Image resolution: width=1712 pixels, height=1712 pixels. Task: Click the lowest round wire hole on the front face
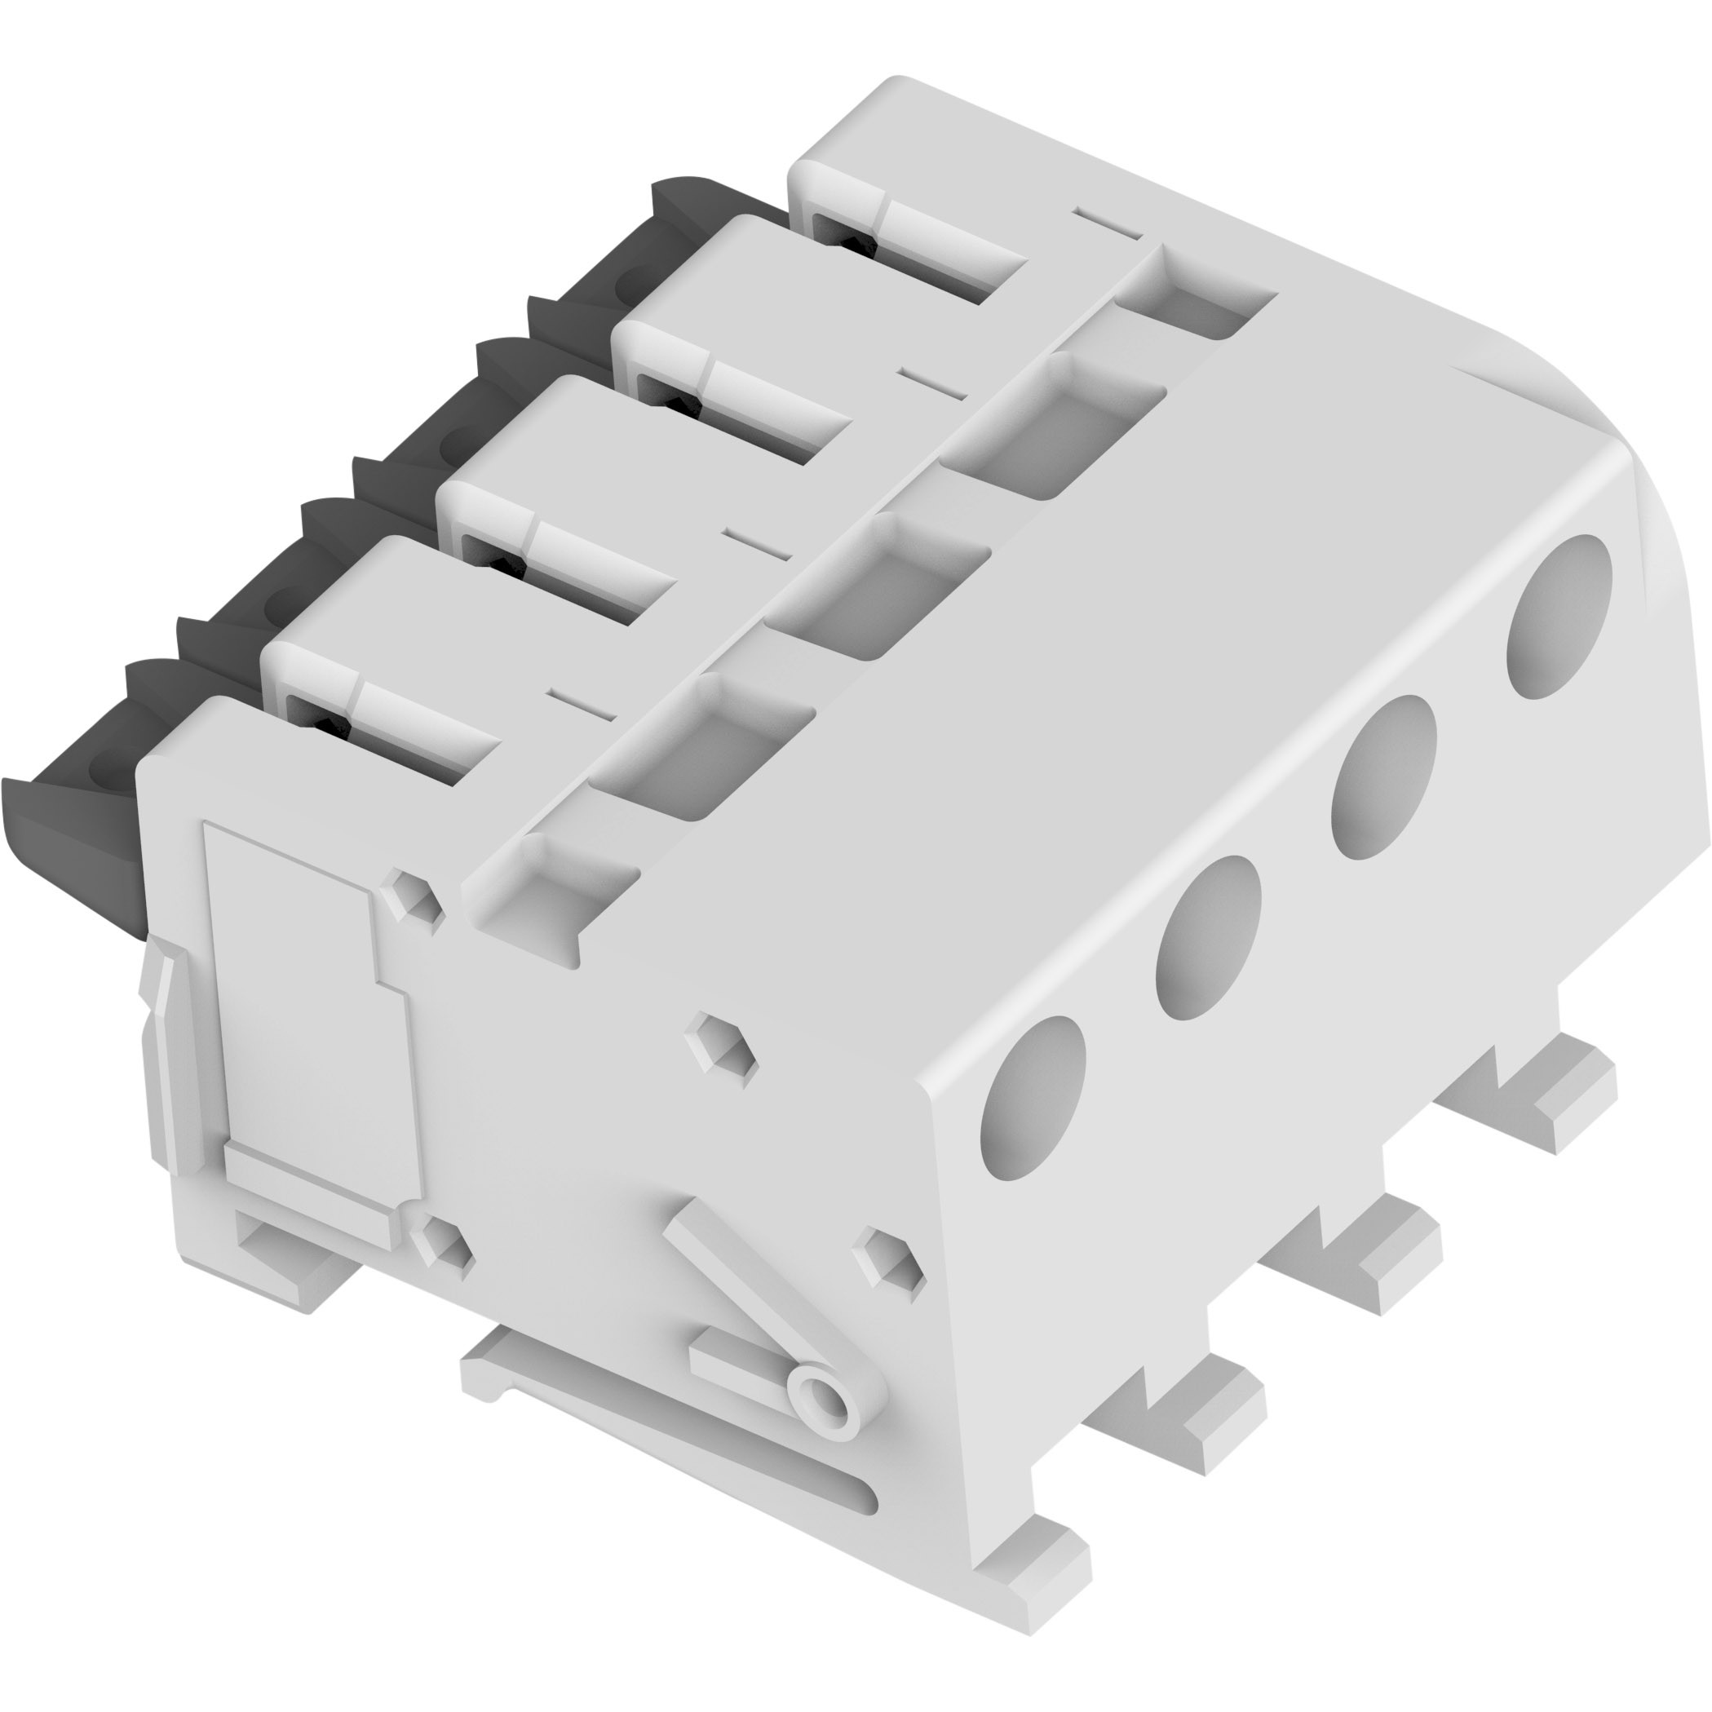(1035, 1099)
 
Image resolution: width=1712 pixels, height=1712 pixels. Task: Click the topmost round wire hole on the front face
(1559, 618)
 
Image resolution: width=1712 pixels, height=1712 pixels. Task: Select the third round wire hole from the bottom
(1384, 778)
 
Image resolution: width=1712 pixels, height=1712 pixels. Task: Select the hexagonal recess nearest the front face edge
(888, 1258)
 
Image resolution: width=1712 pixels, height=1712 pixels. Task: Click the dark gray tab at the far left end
(71, 824)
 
